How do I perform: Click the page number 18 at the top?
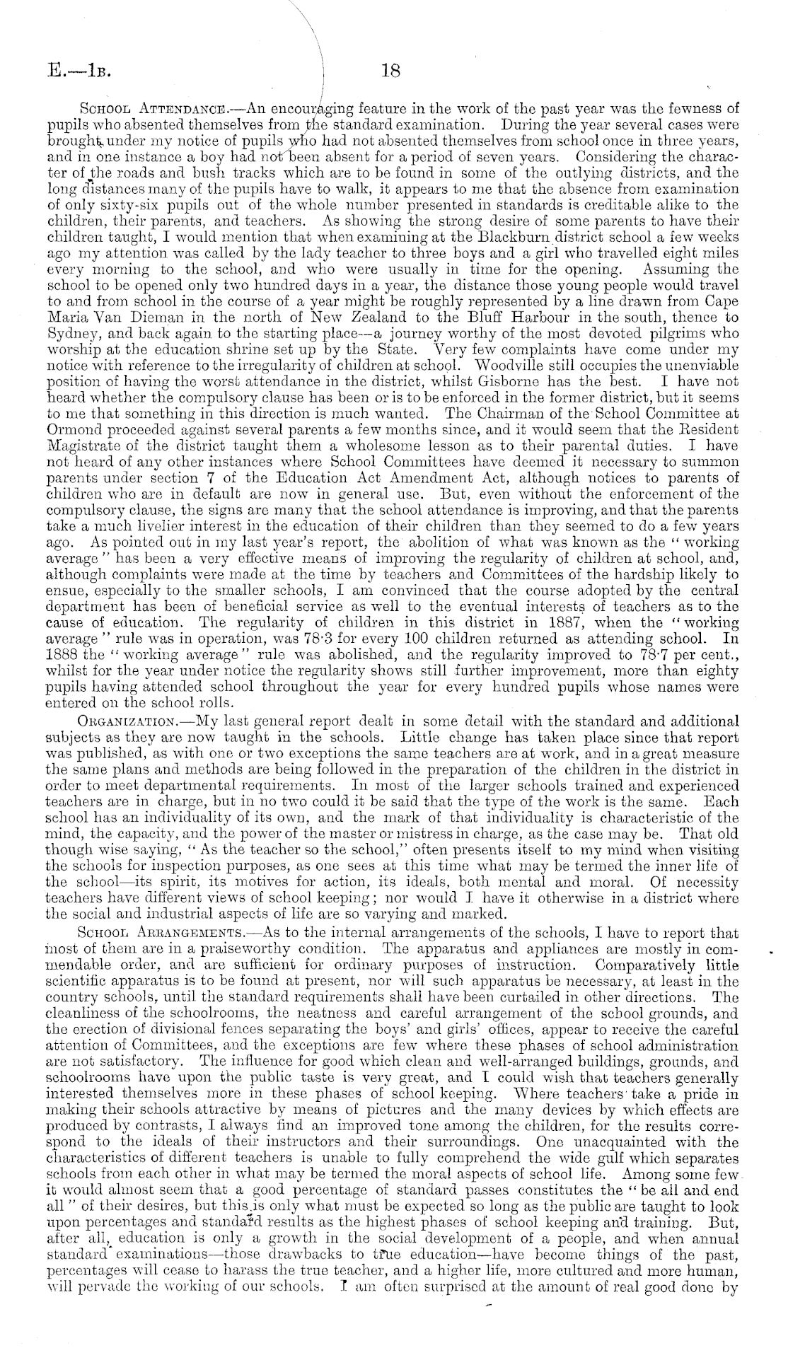391,70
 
